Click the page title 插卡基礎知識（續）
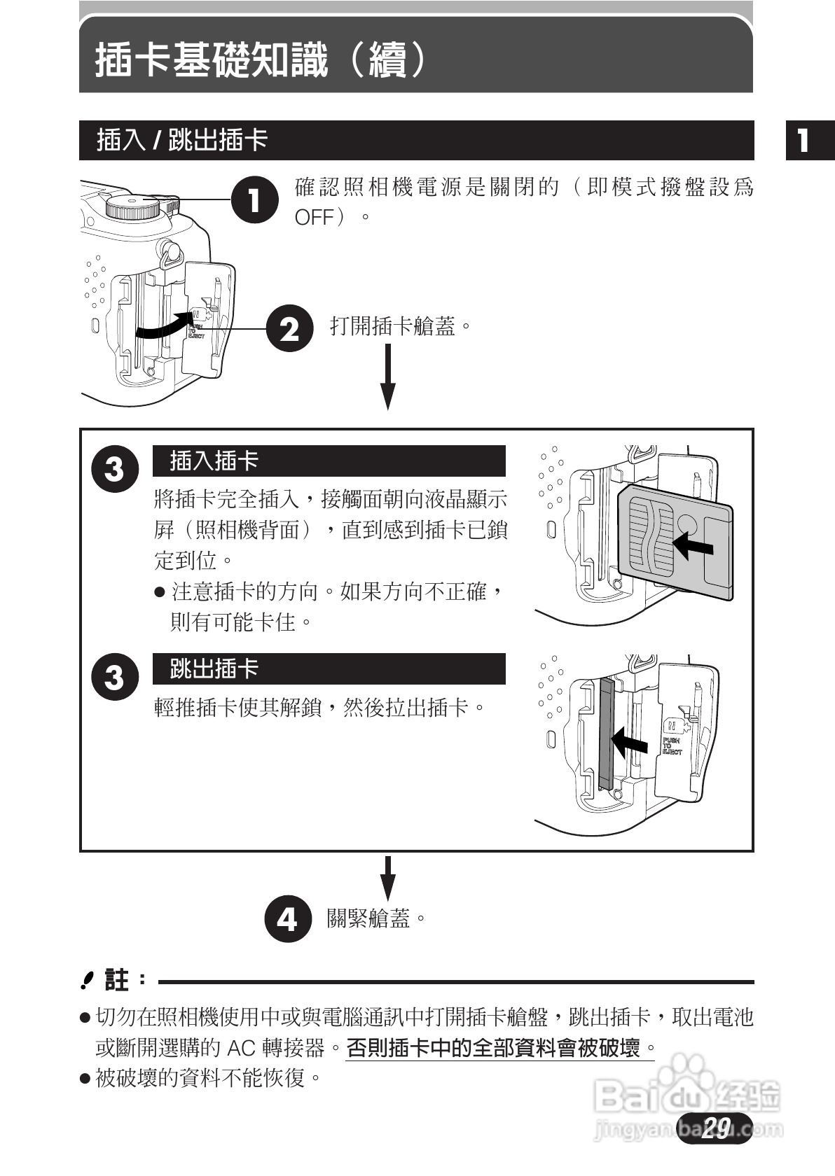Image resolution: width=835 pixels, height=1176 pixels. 260,60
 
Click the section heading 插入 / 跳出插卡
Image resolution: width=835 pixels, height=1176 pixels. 182,140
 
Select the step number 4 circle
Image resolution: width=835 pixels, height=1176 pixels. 287,918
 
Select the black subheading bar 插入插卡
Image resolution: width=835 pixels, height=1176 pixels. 329,461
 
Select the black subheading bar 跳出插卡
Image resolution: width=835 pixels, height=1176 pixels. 329,669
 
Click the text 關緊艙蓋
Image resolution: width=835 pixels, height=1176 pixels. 368,918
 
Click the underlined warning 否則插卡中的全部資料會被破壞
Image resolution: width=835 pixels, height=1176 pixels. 493,1048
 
